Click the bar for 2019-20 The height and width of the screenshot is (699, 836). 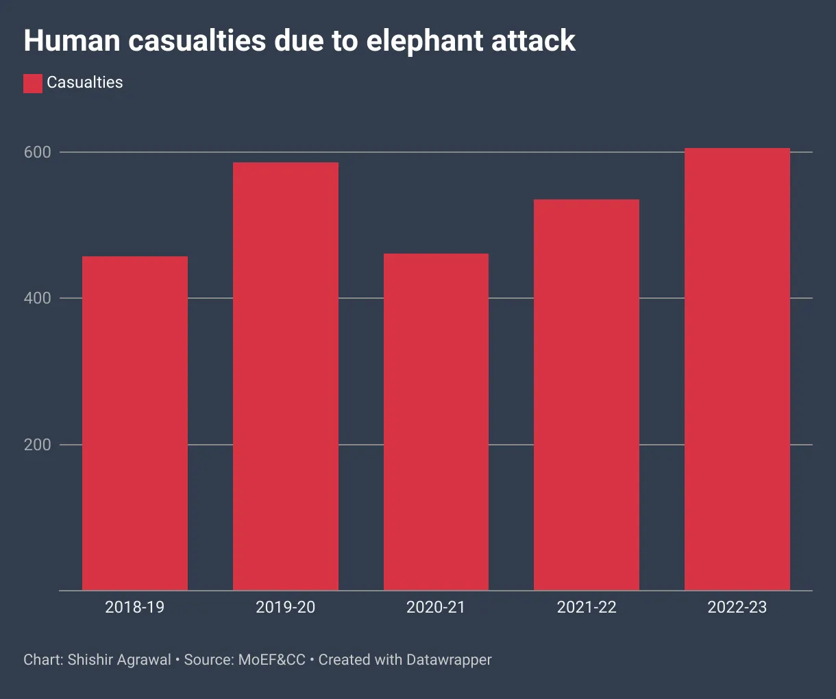[x=286, y=376]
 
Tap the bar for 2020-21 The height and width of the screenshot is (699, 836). [x=436, y=421]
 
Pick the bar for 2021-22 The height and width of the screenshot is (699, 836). [x=587, y=395]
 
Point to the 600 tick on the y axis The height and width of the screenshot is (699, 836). [x=38, y=152]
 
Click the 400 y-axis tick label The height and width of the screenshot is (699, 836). [x=38, y=298]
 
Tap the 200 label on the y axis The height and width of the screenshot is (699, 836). [x=38, y=445]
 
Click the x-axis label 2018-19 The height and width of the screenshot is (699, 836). [x=135, y=607]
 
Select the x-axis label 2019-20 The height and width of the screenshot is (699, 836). [x=286, y=607]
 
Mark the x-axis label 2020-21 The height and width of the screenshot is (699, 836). [x=436, y=607]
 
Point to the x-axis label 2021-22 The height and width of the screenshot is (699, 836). [x=587, y=607]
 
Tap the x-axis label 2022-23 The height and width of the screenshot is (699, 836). [x=737, y=607]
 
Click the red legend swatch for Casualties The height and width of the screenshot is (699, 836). [x=33, y=84]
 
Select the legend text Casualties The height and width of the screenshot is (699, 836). [x=85, y=83]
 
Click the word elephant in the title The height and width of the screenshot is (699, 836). [x=416, y=41]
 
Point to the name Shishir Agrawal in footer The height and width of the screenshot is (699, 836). [x=119, y=660]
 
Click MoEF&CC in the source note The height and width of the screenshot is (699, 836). [x=271, y=660]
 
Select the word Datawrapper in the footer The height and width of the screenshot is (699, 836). [x=449, y=660]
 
